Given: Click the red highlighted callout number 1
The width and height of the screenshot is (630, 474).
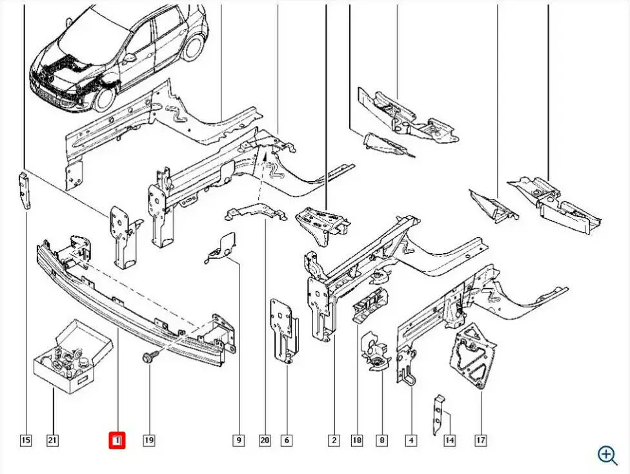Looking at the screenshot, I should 117,441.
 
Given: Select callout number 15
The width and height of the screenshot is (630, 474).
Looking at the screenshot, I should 25,441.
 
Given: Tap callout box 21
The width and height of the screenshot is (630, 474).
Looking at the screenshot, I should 52,441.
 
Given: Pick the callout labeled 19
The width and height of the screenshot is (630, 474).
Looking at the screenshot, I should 148,441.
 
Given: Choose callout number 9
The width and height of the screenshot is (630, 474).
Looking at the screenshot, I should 238,441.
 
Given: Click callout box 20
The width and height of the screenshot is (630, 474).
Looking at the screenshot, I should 264,441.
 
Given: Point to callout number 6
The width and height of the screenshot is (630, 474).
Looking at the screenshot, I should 286,441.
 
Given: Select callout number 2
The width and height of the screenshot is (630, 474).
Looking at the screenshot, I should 334,441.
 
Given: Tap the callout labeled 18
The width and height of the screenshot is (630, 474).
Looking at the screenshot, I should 356,441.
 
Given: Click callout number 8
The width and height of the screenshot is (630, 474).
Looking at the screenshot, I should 382,441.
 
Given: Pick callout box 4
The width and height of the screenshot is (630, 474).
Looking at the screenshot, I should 411,441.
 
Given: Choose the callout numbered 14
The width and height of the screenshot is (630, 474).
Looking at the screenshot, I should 449,441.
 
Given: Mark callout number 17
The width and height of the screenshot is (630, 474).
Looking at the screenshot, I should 480,441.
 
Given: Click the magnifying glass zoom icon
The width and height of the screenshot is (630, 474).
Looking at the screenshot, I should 607,455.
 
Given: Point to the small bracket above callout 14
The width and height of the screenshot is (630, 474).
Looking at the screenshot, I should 439,413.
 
